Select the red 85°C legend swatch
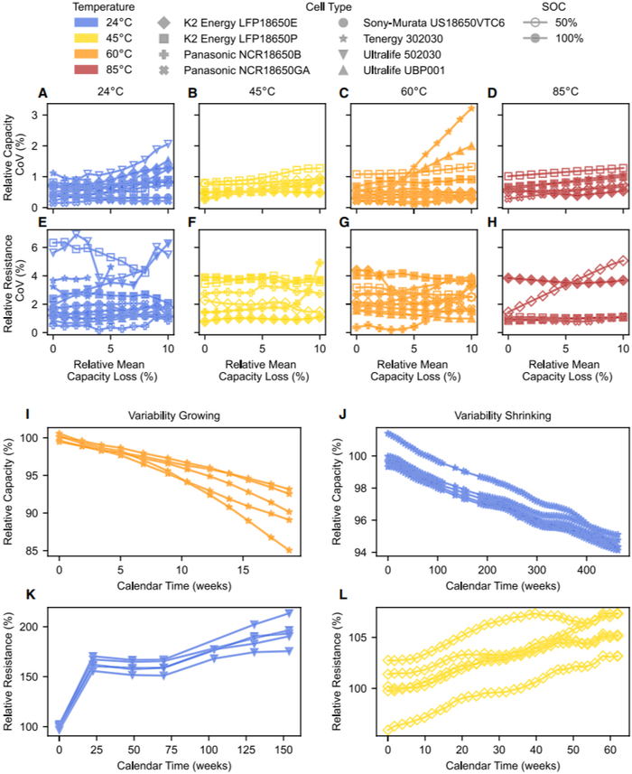[91, 68]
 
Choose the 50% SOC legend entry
[546, 23]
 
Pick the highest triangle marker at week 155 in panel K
[289, 613]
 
